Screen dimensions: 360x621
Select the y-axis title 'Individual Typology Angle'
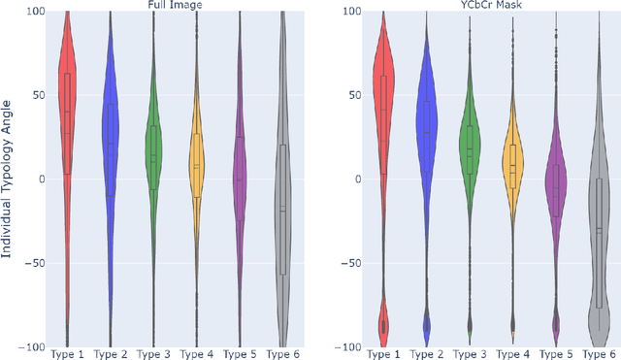(x=9, y=179)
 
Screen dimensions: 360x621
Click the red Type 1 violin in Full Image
(x=67, y=97)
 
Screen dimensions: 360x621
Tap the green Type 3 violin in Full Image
(x=154, y=155)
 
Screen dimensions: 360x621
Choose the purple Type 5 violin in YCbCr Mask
(x=556, y=184)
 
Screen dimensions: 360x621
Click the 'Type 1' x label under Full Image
(x=67, y=353)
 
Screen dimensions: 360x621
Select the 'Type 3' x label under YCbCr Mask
(x=470, y=353)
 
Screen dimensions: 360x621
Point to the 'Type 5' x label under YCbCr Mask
(x=556, y=353)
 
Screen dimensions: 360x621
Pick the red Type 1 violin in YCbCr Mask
(x=382, y=97)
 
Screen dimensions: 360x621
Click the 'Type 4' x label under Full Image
(x=197, y=353)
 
